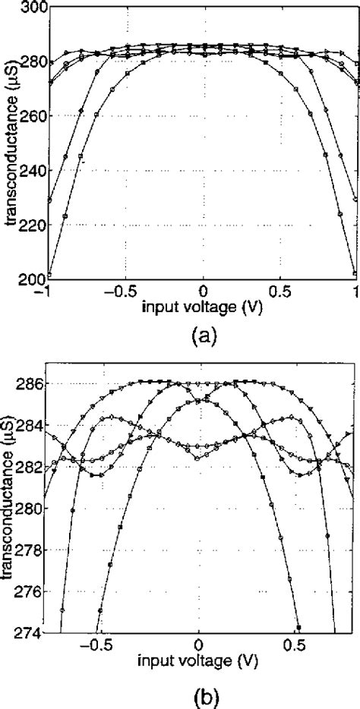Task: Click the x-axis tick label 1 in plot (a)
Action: pyautogui.click(x=355, y=291)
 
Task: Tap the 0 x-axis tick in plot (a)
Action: pyautogui.click(x=203, y=291)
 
